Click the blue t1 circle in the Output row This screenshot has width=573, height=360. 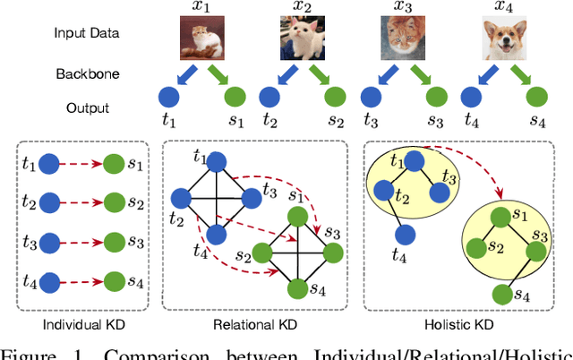click(170, 98)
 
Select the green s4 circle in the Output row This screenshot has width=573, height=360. click(537, 98)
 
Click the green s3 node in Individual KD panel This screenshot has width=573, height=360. click(114, 241)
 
